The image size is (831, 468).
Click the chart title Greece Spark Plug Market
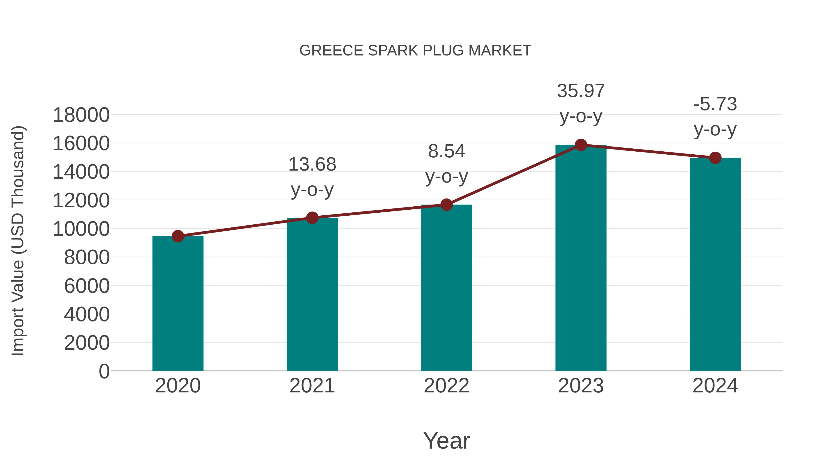point(415,51)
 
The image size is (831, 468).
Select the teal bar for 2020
point(178,304)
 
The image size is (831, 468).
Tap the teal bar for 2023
point(581,258)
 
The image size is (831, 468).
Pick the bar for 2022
point(446,288)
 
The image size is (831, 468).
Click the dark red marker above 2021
point(312,218)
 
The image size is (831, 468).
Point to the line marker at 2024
point(715,158)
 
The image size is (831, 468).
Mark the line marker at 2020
point(178,236)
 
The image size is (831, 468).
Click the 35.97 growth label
point(581,91)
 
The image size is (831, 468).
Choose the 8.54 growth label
point(446,151)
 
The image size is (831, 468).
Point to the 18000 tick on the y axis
point(81,115)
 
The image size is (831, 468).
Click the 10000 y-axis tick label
point(81,229)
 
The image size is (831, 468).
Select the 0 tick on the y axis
point(104,371)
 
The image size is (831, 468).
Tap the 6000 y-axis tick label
point(87,286)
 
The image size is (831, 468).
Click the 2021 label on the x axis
point(312,386)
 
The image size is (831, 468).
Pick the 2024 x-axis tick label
point(715,386)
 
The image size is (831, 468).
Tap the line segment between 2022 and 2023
point(514,175)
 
